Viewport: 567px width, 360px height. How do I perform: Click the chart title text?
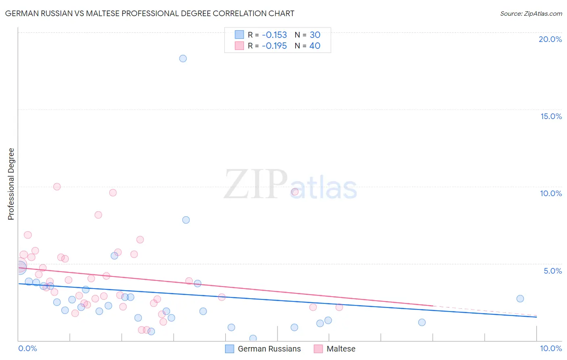click(x=150, y=13)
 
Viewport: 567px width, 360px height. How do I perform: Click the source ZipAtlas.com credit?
click(x=531, y=13)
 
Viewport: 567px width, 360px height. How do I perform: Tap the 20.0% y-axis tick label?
click(x=550, y=39)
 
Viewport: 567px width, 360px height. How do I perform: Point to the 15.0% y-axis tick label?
click(x=551, y=116)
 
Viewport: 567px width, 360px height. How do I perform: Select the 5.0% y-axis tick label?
click(x=552, y=271)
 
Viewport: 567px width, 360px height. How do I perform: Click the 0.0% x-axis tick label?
click(x=27, y=348)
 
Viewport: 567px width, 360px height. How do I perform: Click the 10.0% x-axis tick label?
click(x=550, y=348)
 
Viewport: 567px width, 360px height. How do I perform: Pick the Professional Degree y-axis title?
click(x=11, y=184)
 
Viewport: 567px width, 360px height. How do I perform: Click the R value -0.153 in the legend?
click(x=274, y=35)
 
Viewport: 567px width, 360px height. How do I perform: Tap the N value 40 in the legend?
click(x=315, y=46)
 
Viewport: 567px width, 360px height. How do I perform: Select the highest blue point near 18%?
click(x=183, y=59)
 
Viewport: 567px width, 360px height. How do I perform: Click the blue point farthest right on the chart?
click(x=520, y=299)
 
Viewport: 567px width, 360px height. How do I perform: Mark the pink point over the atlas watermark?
click(x=295, y=192)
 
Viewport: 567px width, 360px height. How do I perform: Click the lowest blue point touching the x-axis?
click(x=253, y=338)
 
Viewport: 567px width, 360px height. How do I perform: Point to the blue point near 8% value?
click(x=186, y=220)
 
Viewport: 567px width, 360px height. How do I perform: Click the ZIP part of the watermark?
click(x=256, y=184)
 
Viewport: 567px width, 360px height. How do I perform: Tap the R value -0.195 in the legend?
click(x=274, y=46)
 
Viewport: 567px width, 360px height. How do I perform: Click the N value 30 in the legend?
click(x=315, y=35)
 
